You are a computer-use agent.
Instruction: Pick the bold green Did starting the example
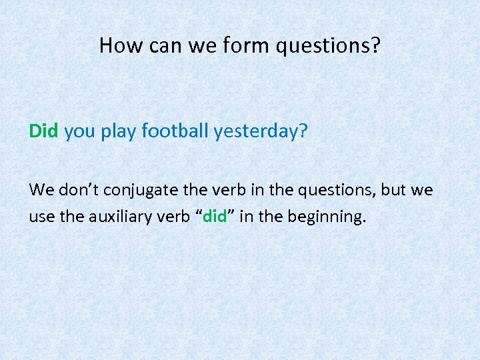[44, 131]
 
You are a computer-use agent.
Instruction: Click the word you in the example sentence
[81, 131]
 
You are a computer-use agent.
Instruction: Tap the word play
[119, 132]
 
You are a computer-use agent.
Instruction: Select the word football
[175, 131]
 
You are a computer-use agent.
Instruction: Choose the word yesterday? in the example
[261, 132]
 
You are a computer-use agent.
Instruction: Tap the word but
[395, 190]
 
